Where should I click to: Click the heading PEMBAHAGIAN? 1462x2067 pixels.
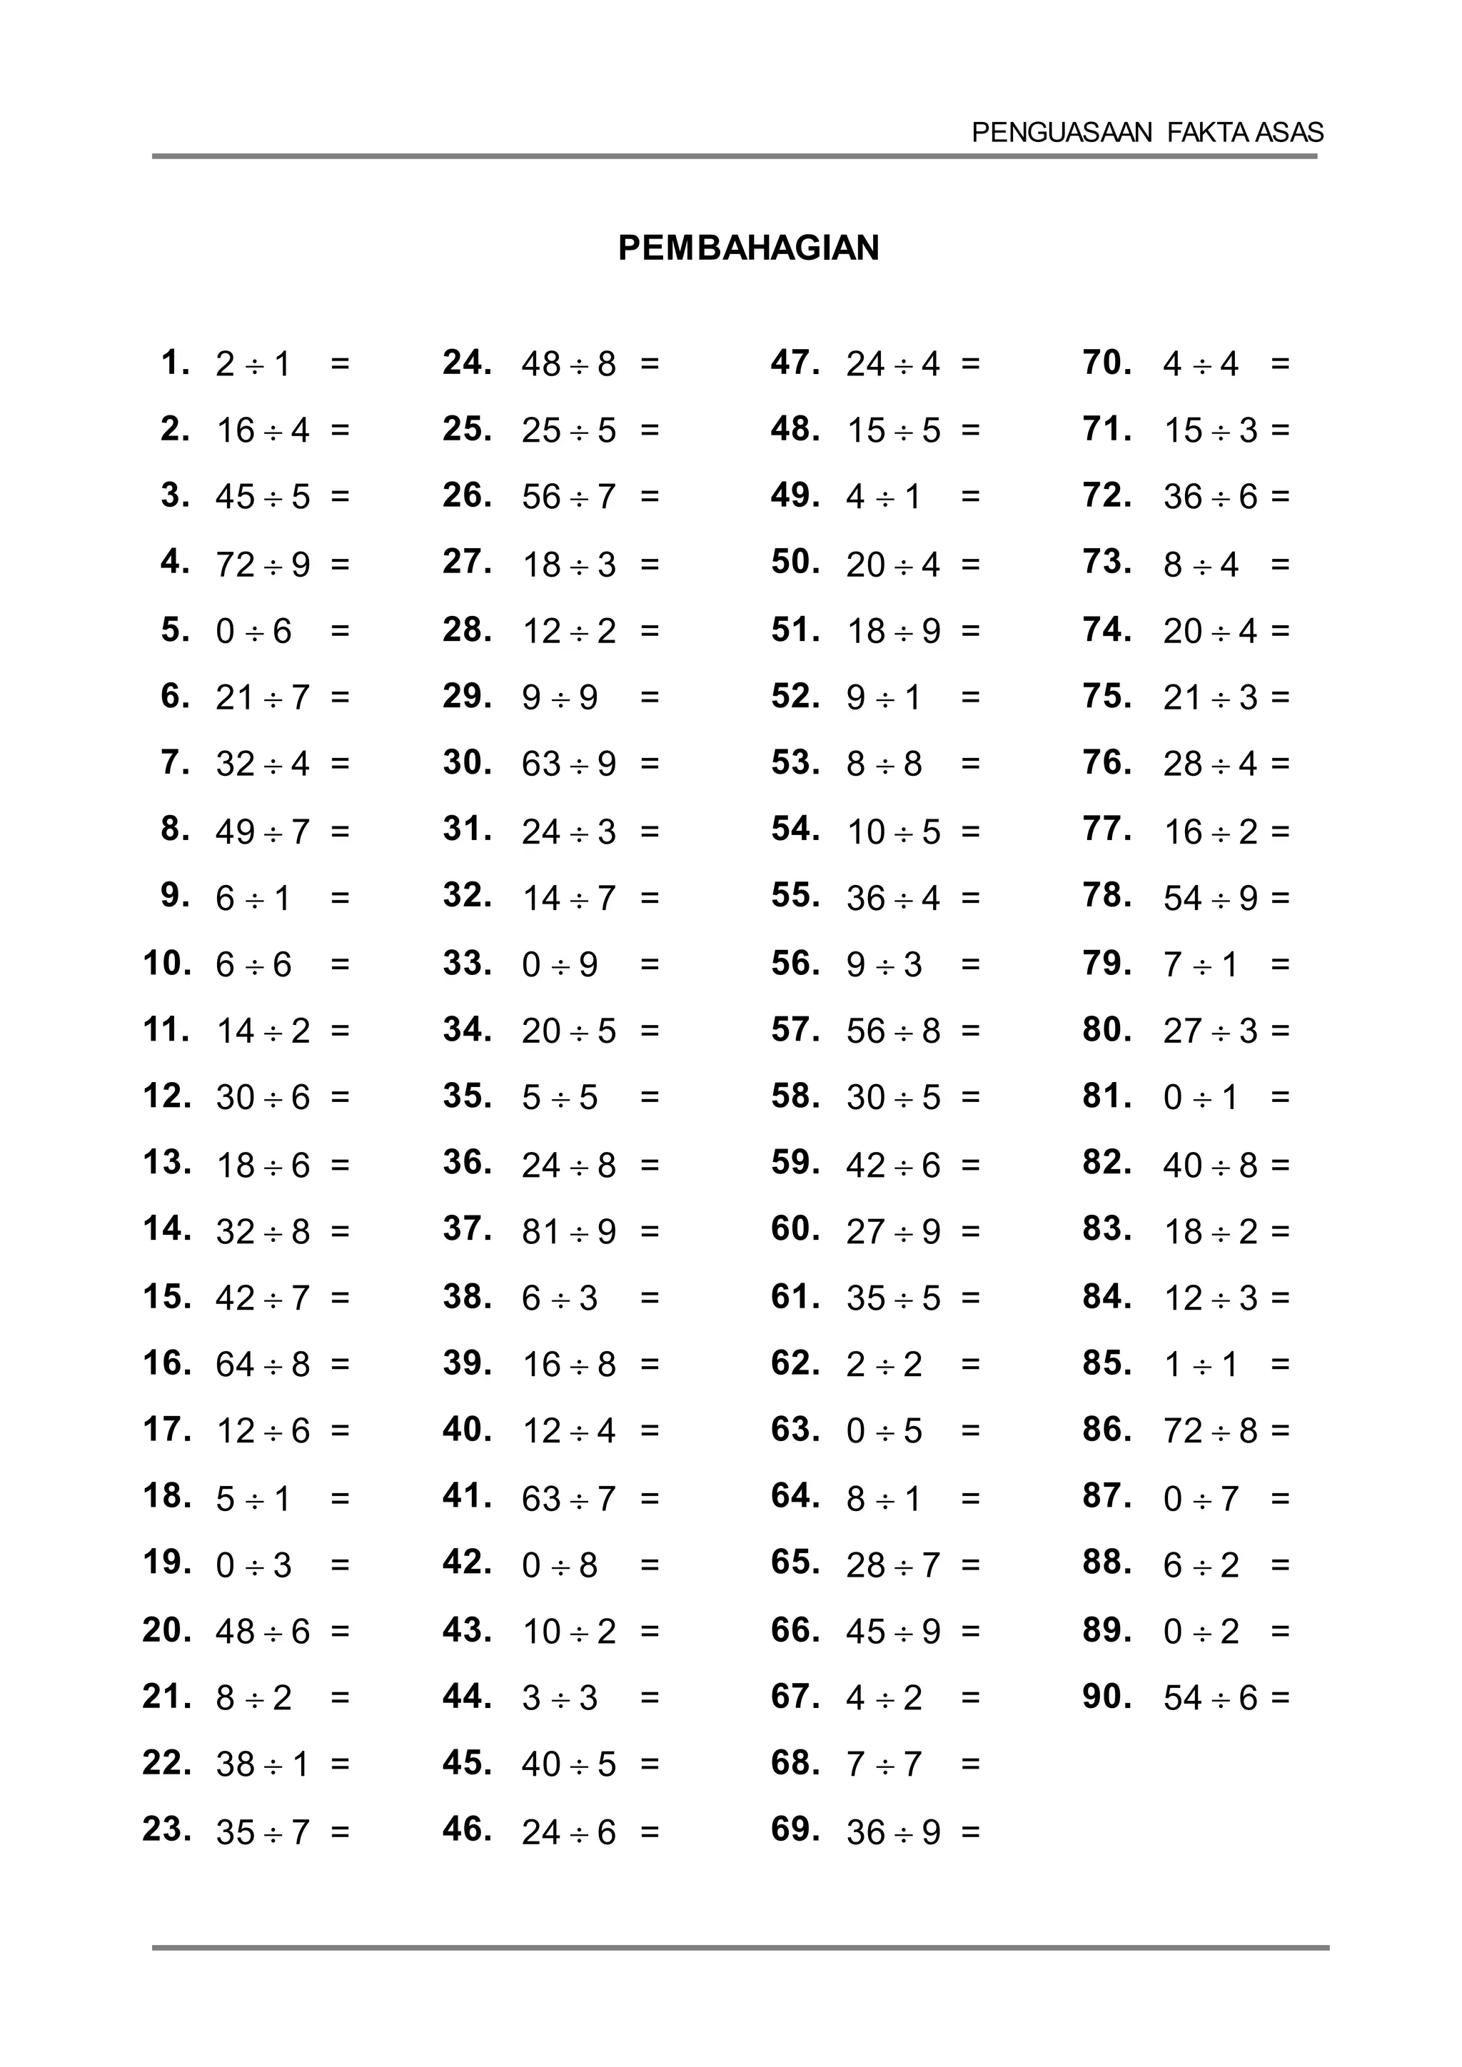[x=748, y=248]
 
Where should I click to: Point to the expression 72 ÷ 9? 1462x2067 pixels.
[x=263, y=565]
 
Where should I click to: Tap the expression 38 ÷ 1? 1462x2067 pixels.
[x=263, y=1764]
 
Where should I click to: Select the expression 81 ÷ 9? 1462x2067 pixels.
[x=569, y=1231]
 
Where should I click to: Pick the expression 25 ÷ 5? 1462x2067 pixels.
[x=569, y=430]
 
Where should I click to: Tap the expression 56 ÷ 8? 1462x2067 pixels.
[x=893, y=1031]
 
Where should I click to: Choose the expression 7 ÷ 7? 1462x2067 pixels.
[x=884, y=1764]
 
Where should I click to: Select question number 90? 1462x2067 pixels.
[x=1107, y=1696]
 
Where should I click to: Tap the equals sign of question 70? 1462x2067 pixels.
[x=1280, y=364]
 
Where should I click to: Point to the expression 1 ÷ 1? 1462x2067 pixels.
[x=1201, y=1365]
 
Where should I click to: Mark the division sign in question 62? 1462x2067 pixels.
[x=884, y=1365]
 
